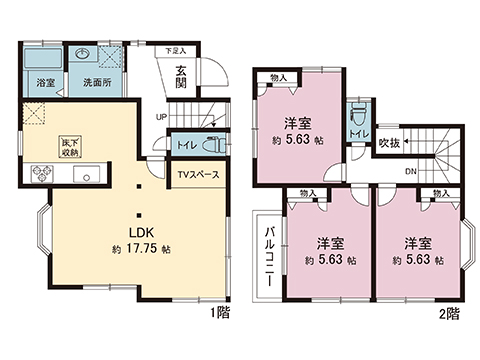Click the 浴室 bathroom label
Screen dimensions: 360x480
[45, 82]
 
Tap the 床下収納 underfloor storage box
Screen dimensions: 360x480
[68, 148]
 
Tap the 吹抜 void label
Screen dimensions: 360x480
[390, 142]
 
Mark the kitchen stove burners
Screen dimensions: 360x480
[40, 172]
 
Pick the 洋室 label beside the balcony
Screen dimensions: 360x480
[331, 243]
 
